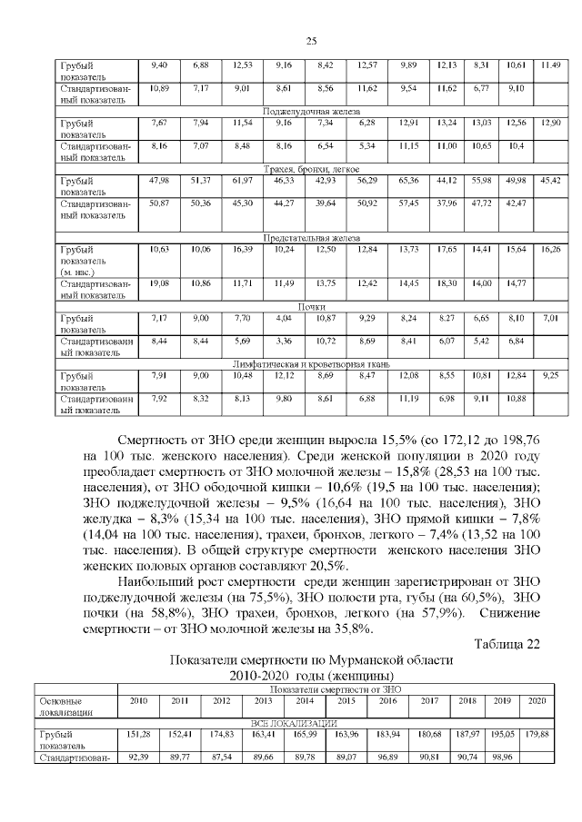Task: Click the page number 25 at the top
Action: [310, 41]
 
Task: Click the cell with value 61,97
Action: [242, 180]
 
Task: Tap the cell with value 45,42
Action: [549, 180]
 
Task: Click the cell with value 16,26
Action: [549, 248]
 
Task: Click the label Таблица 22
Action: [507, 644]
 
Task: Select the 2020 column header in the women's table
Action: [537, 700]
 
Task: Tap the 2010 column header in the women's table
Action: [139, 700]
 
